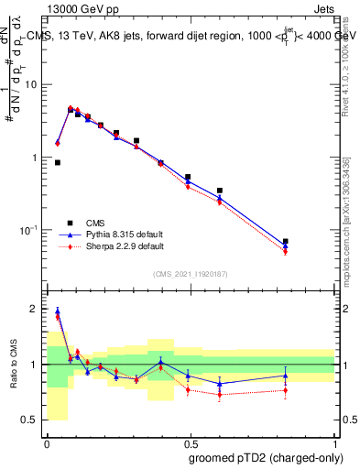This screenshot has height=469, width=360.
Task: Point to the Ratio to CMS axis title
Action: (14, 365)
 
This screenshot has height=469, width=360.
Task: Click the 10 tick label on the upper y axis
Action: (33, 84)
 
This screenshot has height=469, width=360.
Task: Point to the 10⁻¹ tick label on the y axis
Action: (31, 229)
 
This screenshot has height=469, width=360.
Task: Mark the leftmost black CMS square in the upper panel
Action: (58, 162)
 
